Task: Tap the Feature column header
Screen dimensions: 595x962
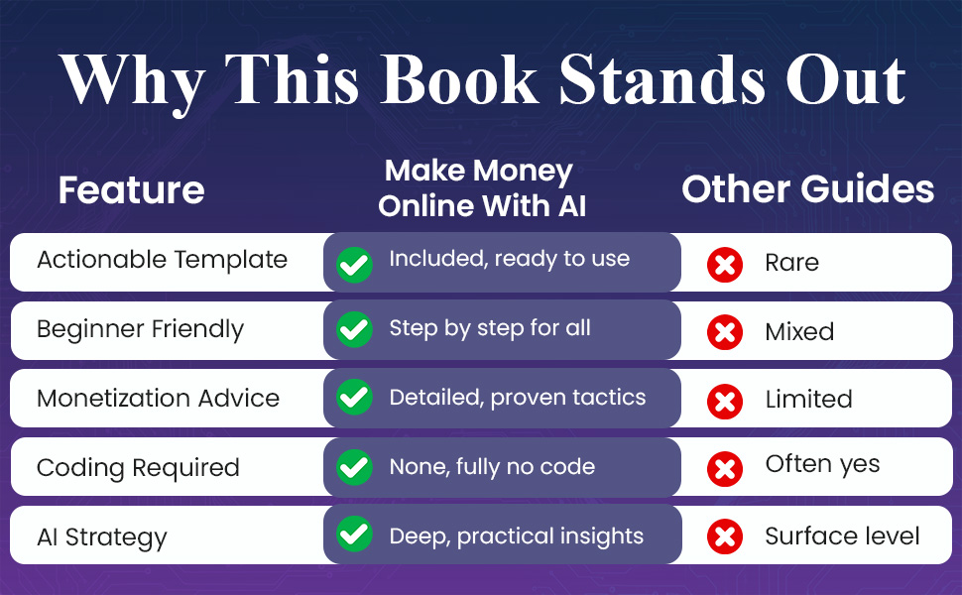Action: pyautogui.click(x=131, y=190)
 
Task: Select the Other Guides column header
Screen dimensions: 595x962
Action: pyautogui.click(x=807, y=189)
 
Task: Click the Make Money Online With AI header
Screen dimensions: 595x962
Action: pyautogui.click(x=482, y=188)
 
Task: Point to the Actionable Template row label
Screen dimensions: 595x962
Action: pyautogui.click(x=162, y=261)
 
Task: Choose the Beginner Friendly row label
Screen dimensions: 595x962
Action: pyautogui.click(x=140, y=329)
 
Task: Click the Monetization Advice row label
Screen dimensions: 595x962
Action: pyautogui.click(x=158, y=399)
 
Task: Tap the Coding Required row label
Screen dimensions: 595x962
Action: pyautogui.click(x=138, y=467)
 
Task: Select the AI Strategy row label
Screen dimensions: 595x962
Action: pyautogui.click(x=102, y=537)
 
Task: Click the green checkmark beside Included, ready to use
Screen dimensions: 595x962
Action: pyautogui.click(x=354, y=264)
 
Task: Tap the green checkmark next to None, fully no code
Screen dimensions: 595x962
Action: pyautogui.click(x=354, y=466)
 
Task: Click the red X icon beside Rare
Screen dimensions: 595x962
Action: pyautogui.click(x=725, y=264)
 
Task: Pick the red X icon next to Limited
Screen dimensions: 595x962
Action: pyautogui.click(x=725, y=400)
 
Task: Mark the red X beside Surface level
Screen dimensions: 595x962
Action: pyautogui.click(x=725, y=536)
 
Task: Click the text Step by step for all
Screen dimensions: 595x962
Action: pyautogui.click(x=490, y=329)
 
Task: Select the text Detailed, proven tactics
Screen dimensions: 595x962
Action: pyautogui.click(x=517, y=399)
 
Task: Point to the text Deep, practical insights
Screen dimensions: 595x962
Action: pyautogui.click(x=516, y=536)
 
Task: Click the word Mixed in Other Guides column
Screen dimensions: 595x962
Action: pyautogui.click(x=799, y=331)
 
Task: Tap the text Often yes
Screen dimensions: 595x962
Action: pyautogui.click(x=822, y=465)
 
